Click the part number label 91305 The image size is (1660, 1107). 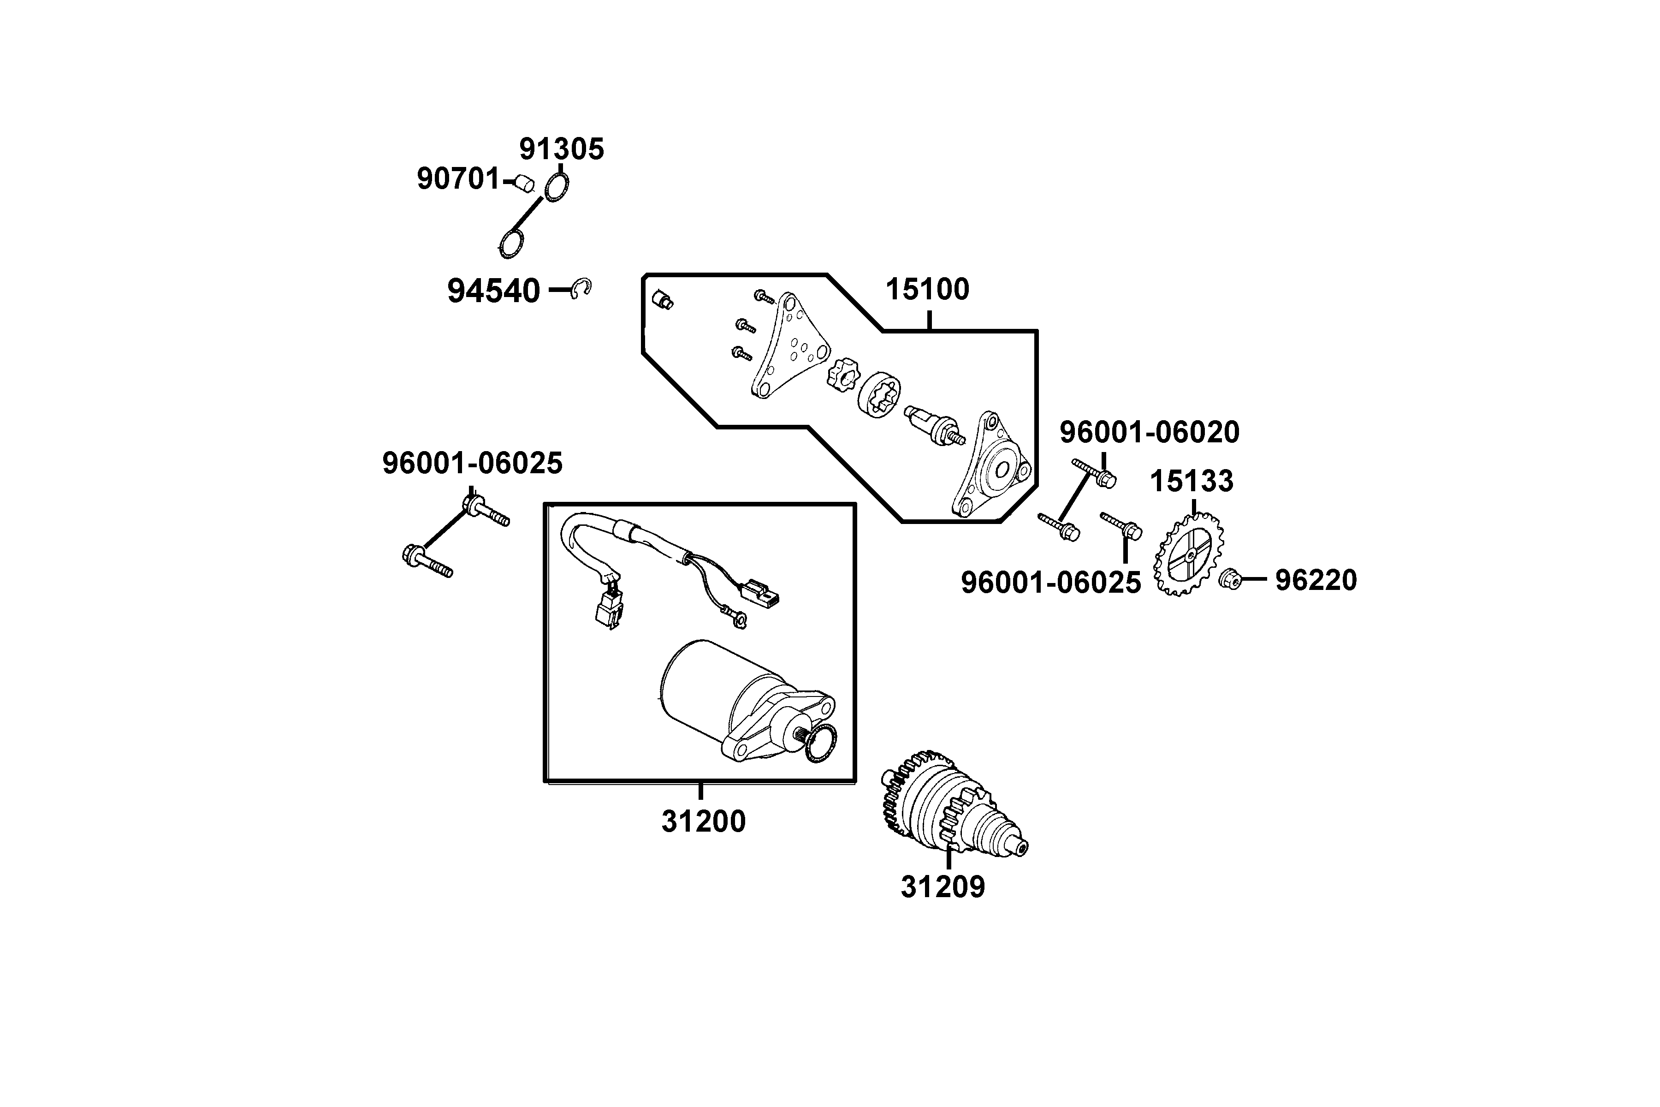pyautogui.click(x=562, y=149)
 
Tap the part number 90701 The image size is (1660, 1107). pyautogui.click(x=458, y=179)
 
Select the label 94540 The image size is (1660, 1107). pyautogui.click(x=493, y=291)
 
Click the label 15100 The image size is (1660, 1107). pyautogui.click(x=927, y=290)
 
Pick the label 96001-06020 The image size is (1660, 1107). pyautogui.click(x=1149, y=432)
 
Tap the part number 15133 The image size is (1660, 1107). pyautogui.click(x=1192, y=482)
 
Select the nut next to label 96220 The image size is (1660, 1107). pyautogui.click(x=1230, y=579)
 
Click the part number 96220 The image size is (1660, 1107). pyautogui.click(x=1316, y=580)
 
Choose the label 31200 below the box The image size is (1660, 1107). pyautogui.click(x=703, y=822)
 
